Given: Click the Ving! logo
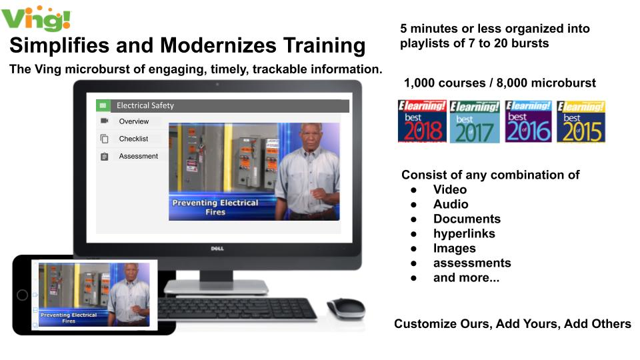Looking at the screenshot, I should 36,17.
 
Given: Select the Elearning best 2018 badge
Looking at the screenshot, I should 422,121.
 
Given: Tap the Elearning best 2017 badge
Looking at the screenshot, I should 474,121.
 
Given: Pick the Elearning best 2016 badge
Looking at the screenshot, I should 528,121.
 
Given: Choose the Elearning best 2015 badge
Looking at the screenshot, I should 581,121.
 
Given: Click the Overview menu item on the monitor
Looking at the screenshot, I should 133,121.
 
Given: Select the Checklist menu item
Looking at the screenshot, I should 133,139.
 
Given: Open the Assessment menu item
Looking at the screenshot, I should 138,156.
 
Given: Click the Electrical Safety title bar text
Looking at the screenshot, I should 145,105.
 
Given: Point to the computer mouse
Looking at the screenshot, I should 346,309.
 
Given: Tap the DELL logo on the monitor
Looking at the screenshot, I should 217,249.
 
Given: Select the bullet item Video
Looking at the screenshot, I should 450,189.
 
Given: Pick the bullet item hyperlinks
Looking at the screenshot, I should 464,233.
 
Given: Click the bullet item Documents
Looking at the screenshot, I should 467,219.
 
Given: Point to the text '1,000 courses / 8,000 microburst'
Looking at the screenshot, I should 499,83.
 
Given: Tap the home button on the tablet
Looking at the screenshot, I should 23,295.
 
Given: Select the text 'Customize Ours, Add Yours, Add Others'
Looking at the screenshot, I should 512,324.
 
